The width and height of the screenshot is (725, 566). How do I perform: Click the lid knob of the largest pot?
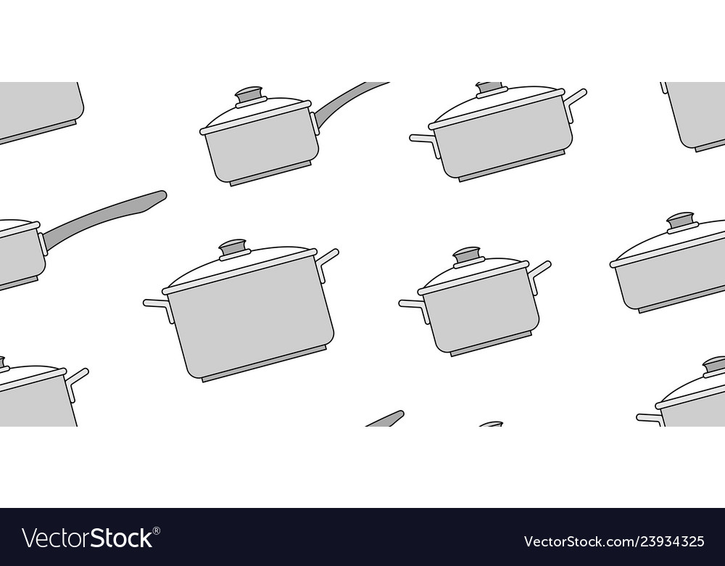click(x=234, y=248)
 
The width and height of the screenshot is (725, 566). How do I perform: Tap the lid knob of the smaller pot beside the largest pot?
click(x=468, y=256)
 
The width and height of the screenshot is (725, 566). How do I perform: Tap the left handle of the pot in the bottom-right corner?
click(x=649, y=418)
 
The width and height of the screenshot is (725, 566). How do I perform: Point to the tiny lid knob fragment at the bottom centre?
click(x=492, y=424)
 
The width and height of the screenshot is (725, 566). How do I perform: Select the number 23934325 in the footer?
click(x=674, y=541)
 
